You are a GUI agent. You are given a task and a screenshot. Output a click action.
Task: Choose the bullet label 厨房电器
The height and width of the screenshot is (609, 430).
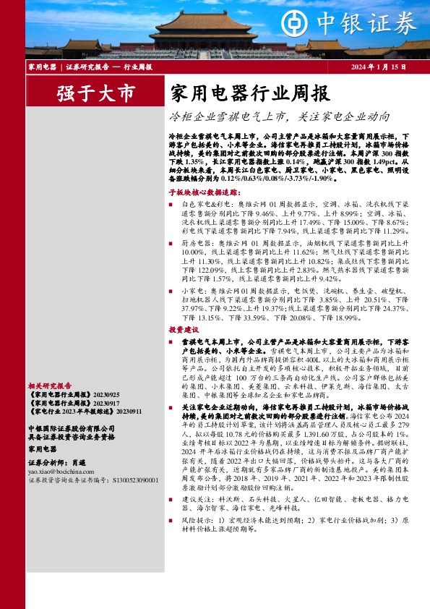[x=194, y=244]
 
